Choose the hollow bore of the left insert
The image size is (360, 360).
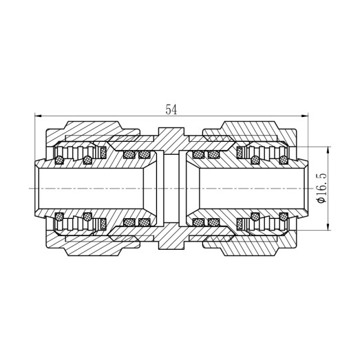click(89, 188)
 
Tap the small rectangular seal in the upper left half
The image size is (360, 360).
click(103, 152)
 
